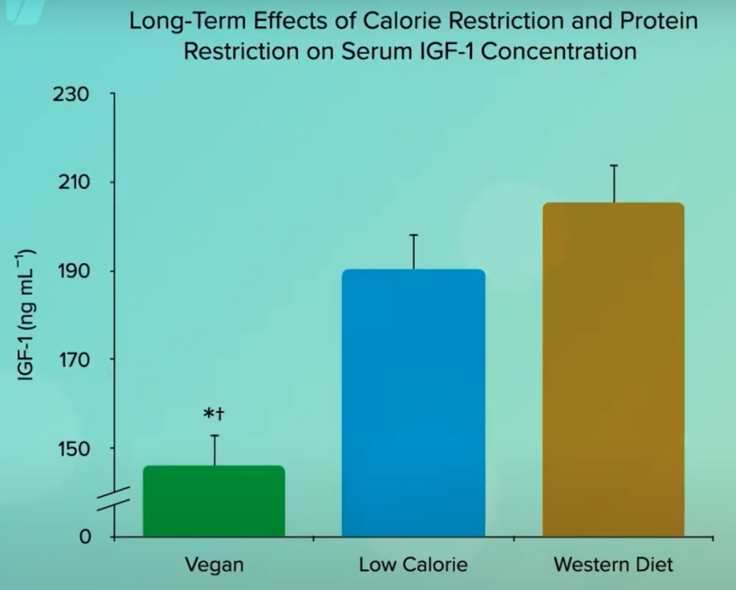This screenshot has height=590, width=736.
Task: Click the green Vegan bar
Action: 214,501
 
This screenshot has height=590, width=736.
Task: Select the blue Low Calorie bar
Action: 413,402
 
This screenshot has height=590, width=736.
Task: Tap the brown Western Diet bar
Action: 613,369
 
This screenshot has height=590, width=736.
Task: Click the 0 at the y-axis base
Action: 85,537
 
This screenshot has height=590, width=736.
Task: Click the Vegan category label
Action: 214,564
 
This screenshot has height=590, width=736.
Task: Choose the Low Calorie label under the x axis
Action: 413,564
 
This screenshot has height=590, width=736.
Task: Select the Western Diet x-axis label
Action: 614,564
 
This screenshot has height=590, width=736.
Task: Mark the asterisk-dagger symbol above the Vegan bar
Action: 214,415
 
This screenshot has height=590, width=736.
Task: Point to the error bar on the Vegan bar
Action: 214,450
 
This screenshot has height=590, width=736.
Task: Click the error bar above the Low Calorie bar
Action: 414,252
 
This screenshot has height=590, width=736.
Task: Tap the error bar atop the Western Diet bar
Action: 614,183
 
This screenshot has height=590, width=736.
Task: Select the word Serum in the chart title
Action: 391,52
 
